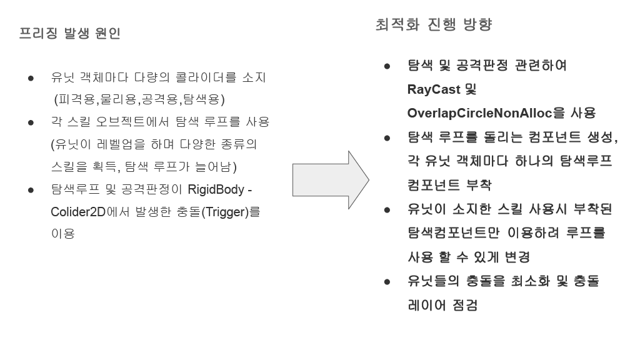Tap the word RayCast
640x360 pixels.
point(432,89)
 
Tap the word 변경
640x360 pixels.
point(516,257)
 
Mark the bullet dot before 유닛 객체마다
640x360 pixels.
point(30,79)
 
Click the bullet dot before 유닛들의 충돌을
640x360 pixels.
point(387,282)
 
